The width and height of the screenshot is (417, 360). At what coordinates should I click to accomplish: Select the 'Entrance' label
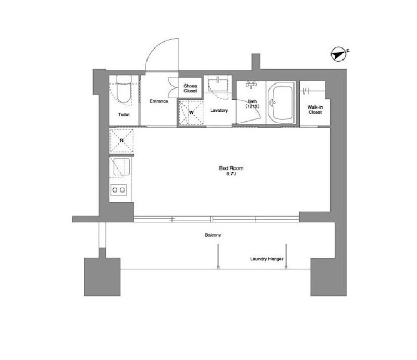pos(158,101)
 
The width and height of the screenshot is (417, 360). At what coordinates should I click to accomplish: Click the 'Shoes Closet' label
pos(190,88)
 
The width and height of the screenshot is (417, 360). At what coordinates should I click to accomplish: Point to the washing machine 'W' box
pos(191,113)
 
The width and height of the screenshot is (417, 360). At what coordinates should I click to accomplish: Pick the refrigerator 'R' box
pos(121,141)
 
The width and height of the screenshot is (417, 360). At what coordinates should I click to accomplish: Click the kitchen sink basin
pos(121,166)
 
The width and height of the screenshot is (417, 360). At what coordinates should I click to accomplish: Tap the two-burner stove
pos(118,190)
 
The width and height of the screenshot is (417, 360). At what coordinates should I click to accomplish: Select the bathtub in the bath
pos(281,103)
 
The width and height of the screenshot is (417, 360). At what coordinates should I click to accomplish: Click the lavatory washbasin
pos(218,85)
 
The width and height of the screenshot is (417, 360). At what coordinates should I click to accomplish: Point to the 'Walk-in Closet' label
pos(315,110)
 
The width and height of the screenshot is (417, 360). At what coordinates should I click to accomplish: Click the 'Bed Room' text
pos(231,169)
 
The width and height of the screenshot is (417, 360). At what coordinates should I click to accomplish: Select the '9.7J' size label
pos(231,174)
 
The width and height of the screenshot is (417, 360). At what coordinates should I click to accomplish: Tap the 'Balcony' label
pos(213,235)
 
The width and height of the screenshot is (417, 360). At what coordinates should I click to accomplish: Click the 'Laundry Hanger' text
pos(267,259)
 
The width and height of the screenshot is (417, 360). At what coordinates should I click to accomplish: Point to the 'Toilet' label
pos(124,115)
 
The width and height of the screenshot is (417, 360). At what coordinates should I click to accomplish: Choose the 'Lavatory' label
pos(219,110)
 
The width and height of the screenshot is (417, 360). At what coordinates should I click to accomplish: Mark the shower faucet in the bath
pos(251,84)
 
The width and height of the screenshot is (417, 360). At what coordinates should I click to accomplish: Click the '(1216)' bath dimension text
pos(252,106)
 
